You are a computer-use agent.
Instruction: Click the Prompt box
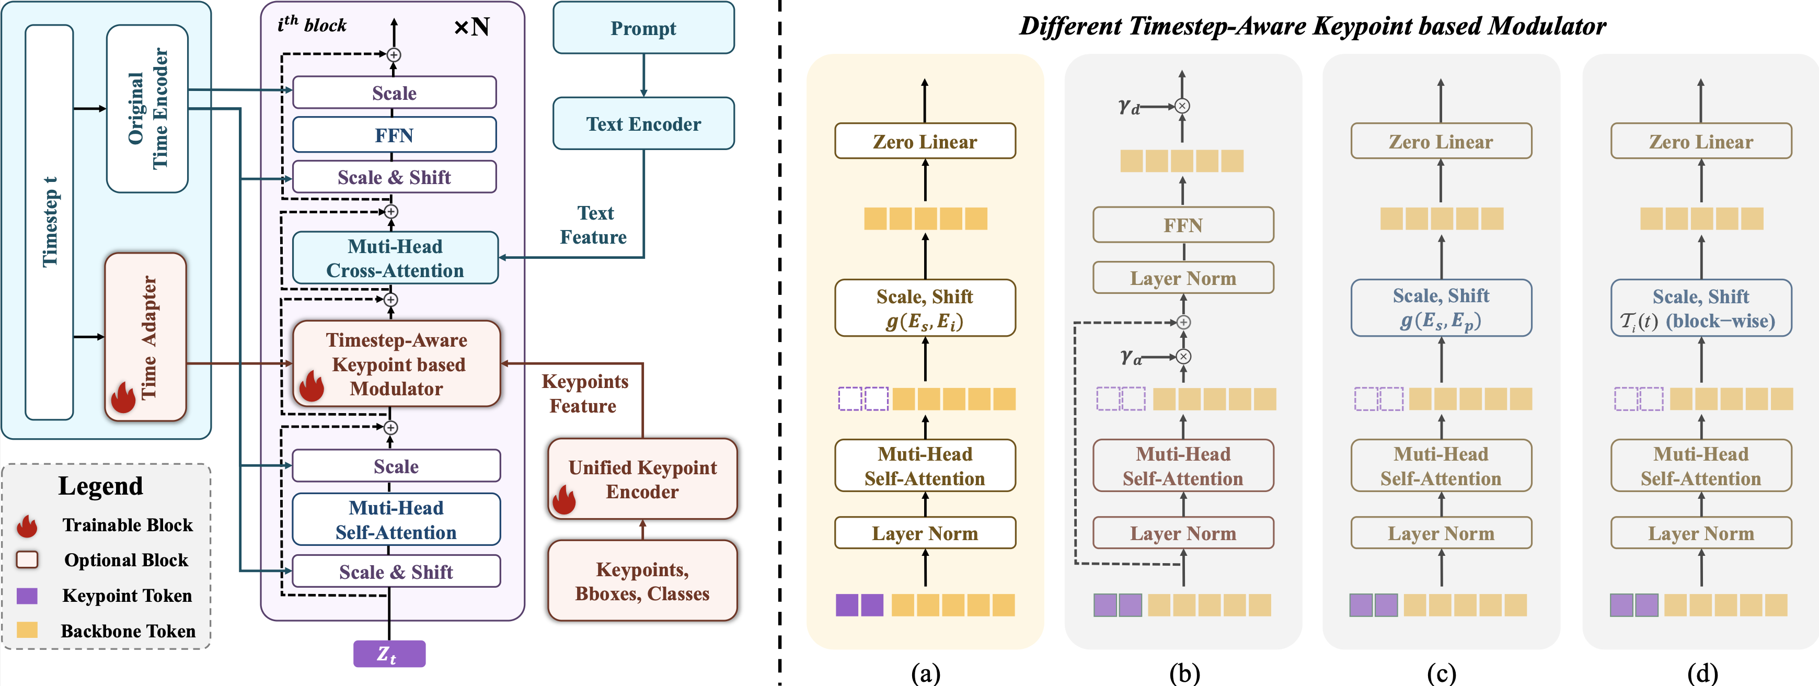click(643, 28)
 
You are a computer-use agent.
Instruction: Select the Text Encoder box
click(643, 123)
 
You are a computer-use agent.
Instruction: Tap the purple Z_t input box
click(389, 654)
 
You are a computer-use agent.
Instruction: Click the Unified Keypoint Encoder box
click(642, 479)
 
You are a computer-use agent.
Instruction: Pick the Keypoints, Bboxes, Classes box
click(642, 581)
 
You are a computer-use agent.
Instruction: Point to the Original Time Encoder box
click(147, 108)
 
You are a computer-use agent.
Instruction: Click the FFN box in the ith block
click(394, 135)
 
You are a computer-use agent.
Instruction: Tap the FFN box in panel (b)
click(1183, 225)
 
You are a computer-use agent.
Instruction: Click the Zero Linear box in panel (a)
click(925, 141)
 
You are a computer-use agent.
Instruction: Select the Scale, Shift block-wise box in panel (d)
click(1700, 308)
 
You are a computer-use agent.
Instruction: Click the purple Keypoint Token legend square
click(27, 596)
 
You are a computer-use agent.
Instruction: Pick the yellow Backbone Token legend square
click(27, 630)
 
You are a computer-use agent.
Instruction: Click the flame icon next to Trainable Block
click(27, 525)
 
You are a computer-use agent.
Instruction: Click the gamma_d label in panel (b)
click(1129, 107)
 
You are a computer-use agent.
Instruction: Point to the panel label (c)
click(1441, 673)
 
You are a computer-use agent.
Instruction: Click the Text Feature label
click(594, 225)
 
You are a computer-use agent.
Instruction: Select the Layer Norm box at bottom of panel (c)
click(1441, 533)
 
